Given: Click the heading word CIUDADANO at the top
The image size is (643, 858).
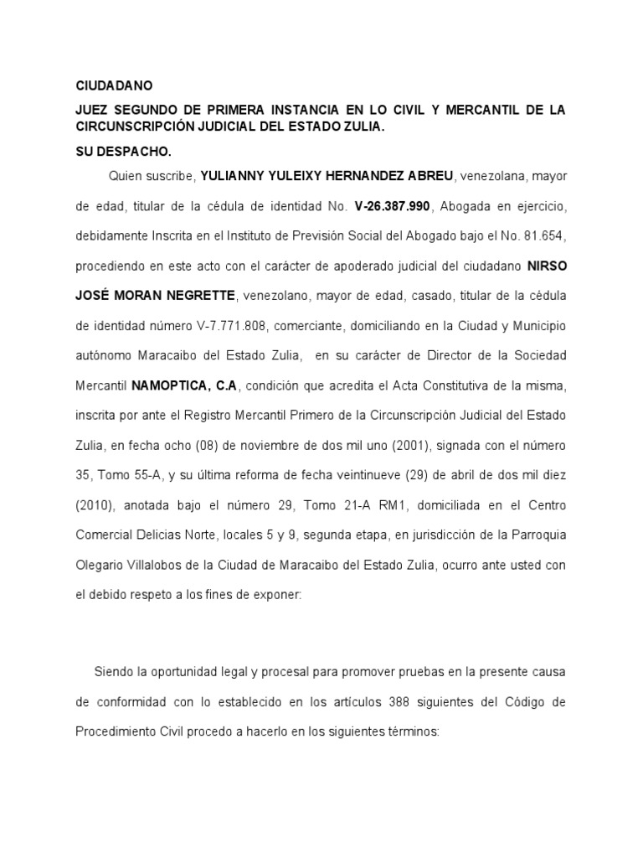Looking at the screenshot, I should [115, 86].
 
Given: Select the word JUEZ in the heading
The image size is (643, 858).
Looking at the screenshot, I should [93, 111].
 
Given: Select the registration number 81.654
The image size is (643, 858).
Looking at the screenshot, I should [548, 235].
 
